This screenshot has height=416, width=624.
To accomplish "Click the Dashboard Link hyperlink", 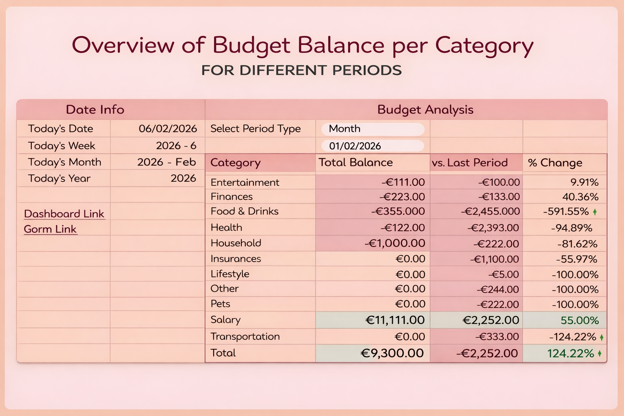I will click(64, 214).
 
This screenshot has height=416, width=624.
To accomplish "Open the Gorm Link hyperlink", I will click(50, 229).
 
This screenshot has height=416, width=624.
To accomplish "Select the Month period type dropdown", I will click(373, 129).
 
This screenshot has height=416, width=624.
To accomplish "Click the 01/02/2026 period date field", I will click(373, 146).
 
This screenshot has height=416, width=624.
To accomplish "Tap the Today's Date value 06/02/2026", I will click(168, 129).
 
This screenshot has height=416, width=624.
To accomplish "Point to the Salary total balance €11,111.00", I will click(395, 320).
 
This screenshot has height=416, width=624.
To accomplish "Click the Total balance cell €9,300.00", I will click(392, 353).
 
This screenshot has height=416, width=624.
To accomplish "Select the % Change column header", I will click(555, 163).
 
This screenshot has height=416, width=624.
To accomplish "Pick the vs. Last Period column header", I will click(470, 163).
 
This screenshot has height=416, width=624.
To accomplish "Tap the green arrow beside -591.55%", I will click(595, 212).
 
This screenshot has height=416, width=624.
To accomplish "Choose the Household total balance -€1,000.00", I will click(395, 243).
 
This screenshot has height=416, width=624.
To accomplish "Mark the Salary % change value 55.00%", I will click(580, 321).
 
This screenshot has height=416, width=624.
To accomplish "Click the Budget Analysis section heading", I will click(425, 110).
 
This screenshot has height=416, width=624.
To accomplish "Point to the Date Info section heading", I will click(95, 110).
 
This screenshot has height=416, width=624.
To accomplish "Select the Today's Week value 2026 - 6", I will click(176, 146).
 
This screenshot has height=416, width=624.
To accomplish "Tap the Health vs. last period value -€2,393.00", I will click(493, 228).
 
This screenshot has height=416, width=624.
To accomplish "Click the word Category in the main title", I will click(484, 45).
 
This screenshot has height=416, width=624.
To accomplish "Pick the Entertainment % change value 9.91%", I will click(584, 182).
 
